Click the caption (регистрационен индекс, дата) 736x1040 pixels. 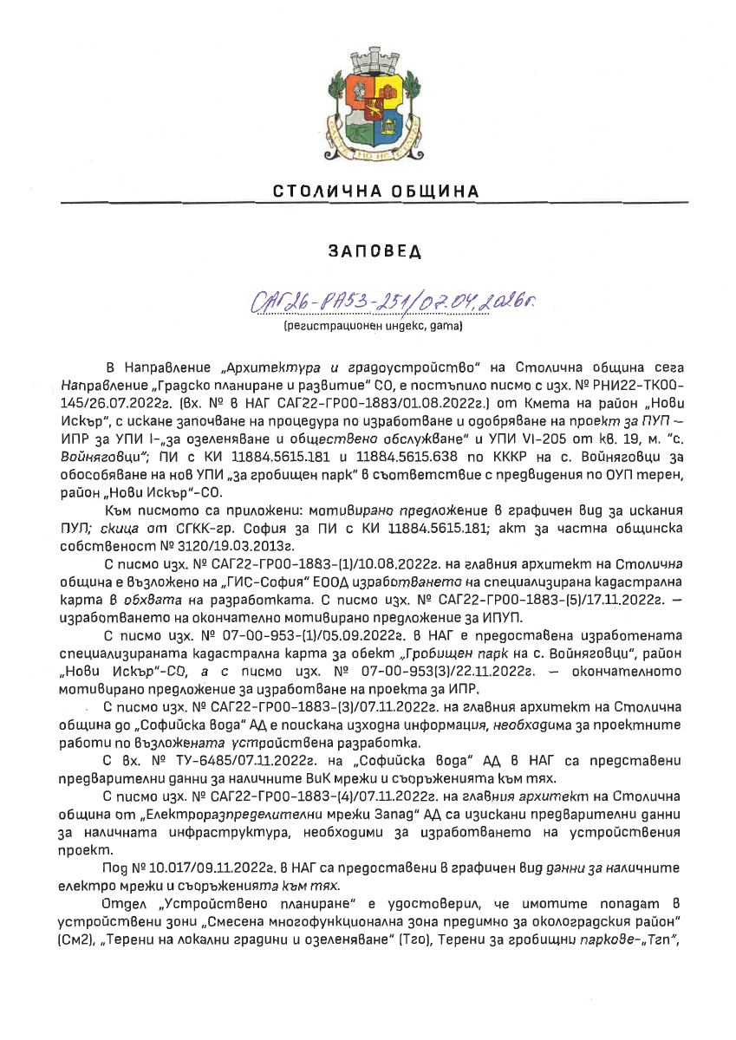click(368, 328)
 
